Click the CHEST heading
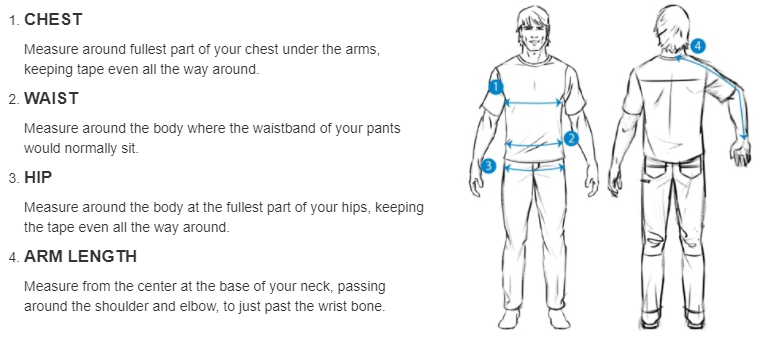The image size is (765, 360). [53, 20]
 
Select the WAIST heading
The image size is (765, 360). [51, 99]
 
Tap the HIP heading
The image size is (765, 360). [38, 178]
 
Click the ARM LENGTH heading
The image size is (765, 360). [81, 257]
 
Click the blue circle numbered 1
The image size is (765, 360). [496, 87]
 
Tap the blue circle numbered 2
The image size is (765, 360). [571, 139]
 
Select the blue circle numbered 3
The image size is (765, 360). [488, 166]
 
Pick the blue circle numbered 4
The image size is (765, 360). [698, 46]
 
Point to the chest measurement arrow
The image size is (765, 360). [533, 103]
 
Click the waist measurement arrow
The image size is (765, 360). [534, 144]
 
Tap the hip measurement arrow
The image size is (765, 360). [535, 168]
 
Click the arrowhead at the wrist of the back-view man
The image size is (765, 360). [745, 137]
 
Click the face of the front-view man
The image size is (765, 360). [533, 35]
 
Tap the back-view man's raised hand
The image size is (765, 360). [742, 153]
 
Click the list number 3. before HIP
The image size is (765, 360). [14, 178]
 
